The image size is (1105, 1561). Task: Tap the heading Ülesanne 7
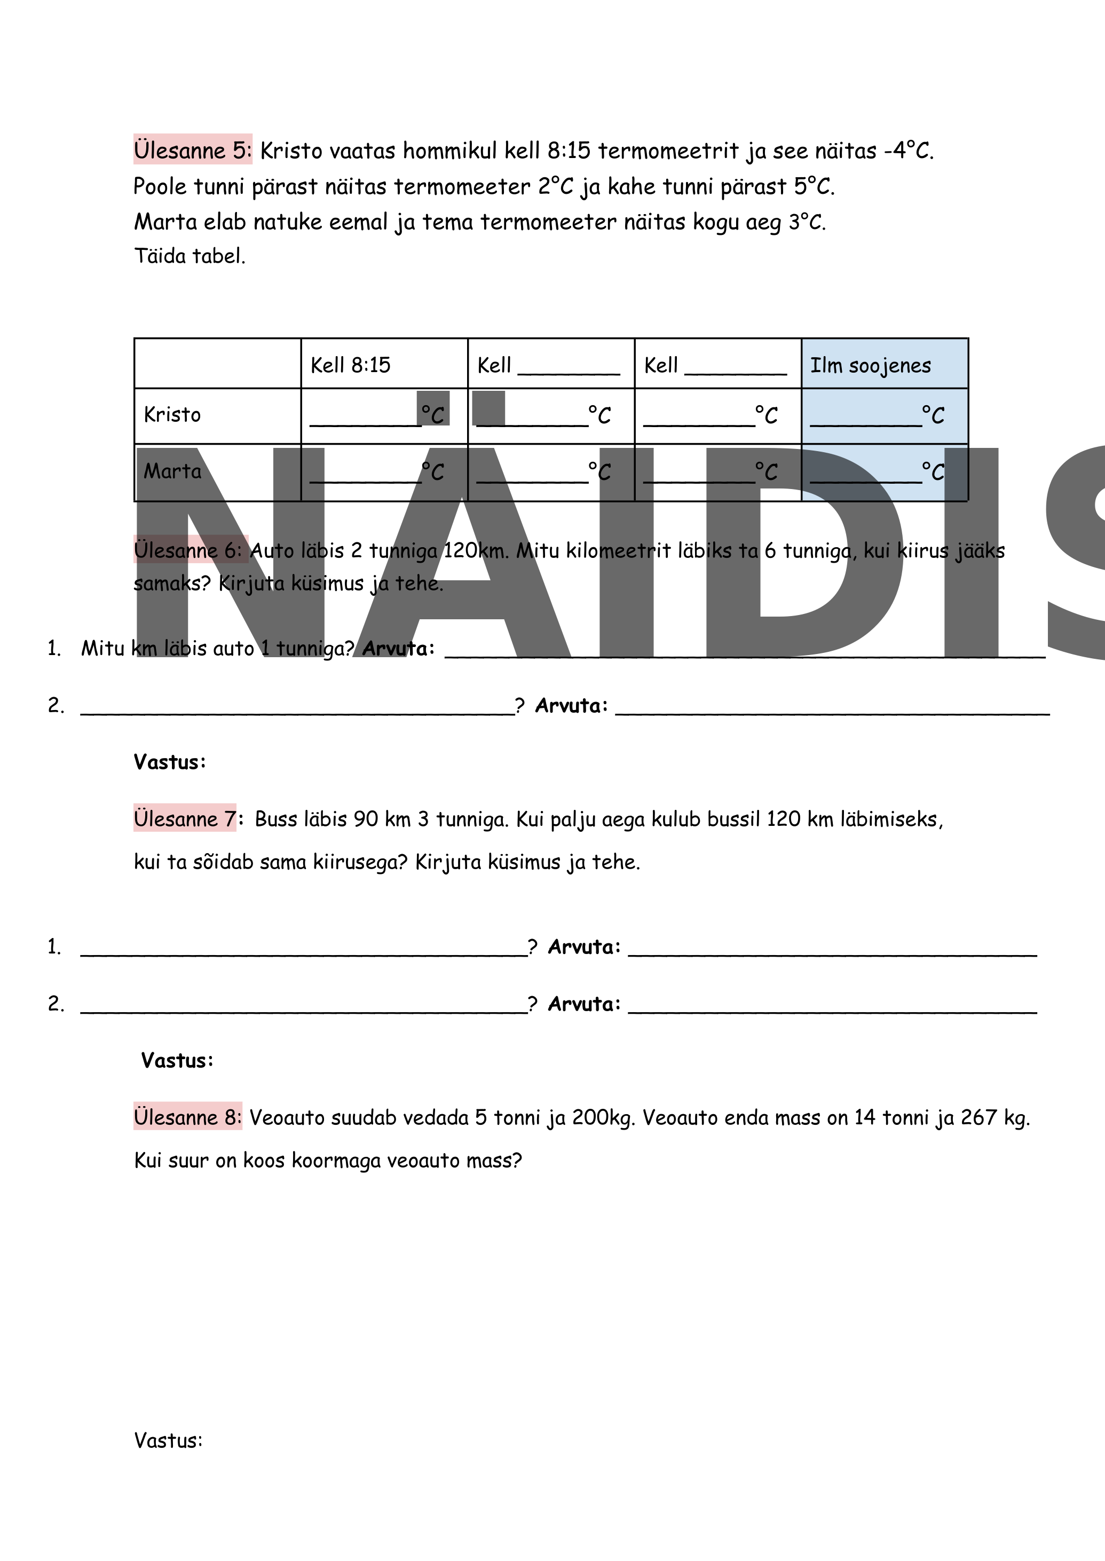[184, 818]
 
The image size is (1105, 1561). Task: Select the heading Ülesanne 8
[187, 1117]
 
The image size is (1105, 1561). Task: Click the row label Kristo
[172, 415]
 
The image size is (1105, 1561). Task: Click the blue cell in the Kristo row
[884, 416]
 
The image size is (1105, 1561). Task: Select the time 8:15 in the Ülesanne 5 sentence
[569, 151]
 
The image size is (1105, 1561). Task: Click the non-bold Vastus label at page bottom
[168, 1440]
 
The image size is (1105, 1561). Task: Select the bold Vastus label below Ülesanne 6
[169, 762]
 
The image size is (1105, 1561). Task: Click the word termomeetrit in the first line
[669, 151]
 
